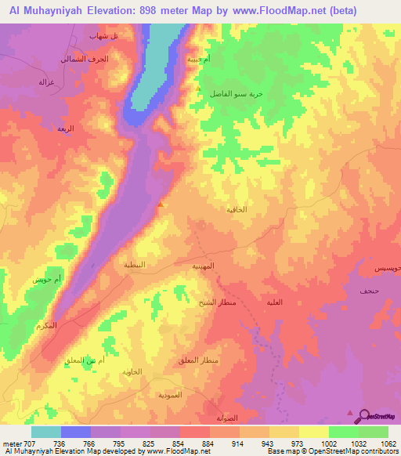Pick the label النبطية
[x=135, y=265]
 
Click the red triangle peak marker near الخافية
[x=161, y=204]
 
